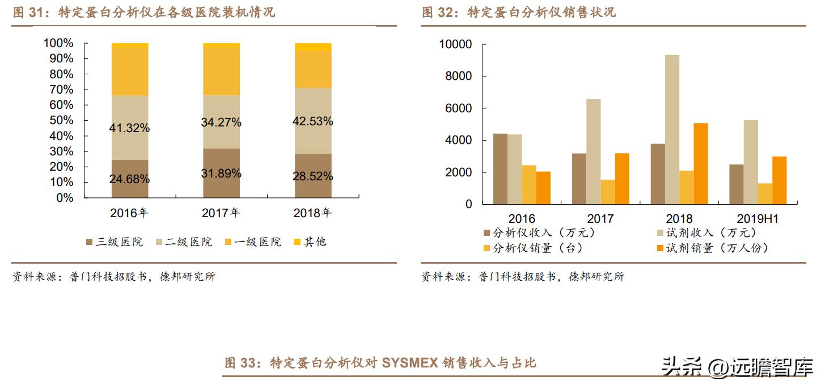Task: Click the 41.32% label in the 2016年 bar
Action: pos(129,128)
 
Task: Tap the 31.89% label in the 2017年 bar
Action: pos(221,174)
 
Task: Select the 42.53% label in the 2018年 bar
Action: pos(313,121)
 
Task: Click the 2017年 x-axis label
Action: pos(221,214)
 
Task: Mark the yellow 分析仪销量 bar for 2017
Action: pos(607,192)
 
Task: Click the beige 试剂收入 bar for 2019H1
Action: pos(751,162)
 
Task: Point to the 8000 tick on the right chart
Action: pos(456,77)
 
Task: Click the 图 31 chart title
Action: pos(144,12)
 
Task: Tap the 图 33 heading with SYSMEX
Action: pos(380,363)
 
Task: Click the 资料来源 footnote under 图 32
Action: pos(522,277)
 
